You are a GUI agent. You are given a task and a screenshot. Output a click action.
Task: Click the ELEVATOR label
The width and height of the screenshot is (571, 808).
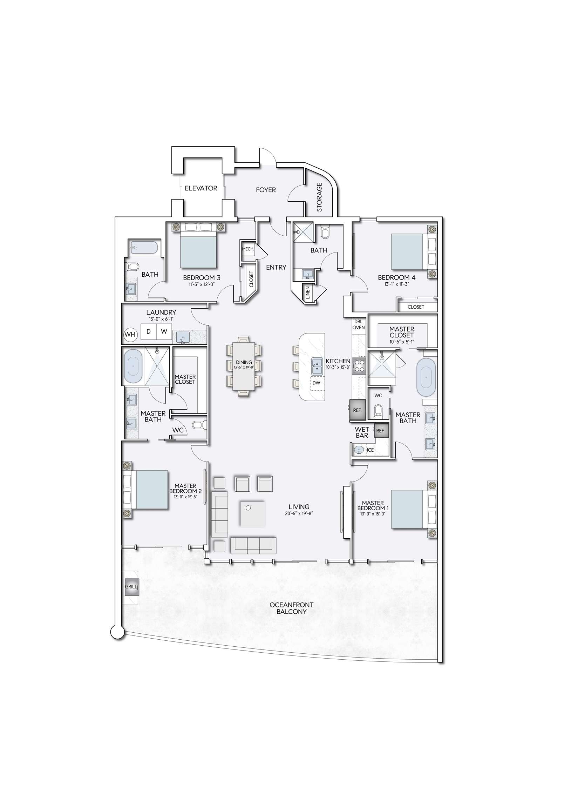click(201, 188)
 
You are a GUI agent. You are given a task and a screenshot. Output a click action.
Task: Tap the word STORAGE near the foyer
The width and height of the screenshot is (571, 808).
click(319, 197)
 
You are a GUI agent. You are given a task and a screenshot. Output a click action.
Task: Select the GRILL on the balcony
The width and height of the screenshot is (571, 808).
click(132, 587)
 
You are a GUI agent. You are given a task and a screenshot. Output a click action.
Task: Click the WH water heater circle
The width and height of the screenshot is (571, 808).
click(130, 334)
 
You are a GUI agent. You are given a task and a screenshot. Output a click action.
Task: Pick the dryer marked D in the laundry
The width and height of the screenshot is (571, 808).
click(149, 331)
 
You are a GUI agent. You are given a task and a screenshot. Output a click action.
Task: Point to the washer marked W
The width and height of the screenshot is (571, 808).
click(164, 331)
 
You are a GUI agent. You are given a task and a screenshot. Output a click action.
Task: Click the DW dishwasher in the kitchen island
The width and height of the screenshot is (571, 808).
click(316, 383)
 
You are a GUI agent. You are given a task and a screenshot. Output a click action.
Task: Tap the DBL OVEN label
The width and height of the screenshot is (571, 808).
click(359, 324)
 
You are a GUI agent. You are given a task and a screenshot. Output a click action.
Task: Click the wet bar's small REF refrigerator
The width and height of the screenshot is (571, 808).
click(380, 431)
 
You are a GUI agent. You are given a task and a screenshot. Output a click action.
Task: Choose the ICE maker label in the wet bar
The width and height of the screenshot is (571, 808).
click(371, 450)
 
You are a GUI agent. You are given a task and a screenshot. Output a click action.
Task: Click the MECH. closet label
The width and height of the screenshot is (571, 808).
click(248, 249)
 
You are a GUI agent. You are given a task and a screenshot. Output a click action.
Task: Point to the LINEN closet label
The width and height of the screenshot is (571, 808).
click(308, 293)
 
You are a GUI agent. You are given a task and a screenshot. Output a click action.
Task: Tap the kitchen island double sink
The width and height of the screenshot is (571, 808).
click(317, 366)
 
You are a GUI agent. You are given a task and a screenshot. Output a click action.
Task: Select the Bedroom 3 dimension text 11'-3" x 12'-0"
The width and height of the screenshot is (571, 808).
click(202, 284)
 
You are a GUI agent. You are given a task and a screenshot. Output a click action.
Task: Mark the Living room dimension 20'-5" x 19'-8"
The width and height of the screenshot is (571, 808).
click(299, 513)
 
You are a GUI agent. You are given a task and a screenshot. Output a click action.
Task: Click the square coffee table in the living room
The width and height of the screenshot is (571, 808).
click(253, 514)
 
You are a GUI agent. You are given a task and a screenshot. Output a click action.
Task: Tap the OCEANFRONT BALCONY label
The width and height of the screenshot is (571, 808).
click(291, 608)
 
